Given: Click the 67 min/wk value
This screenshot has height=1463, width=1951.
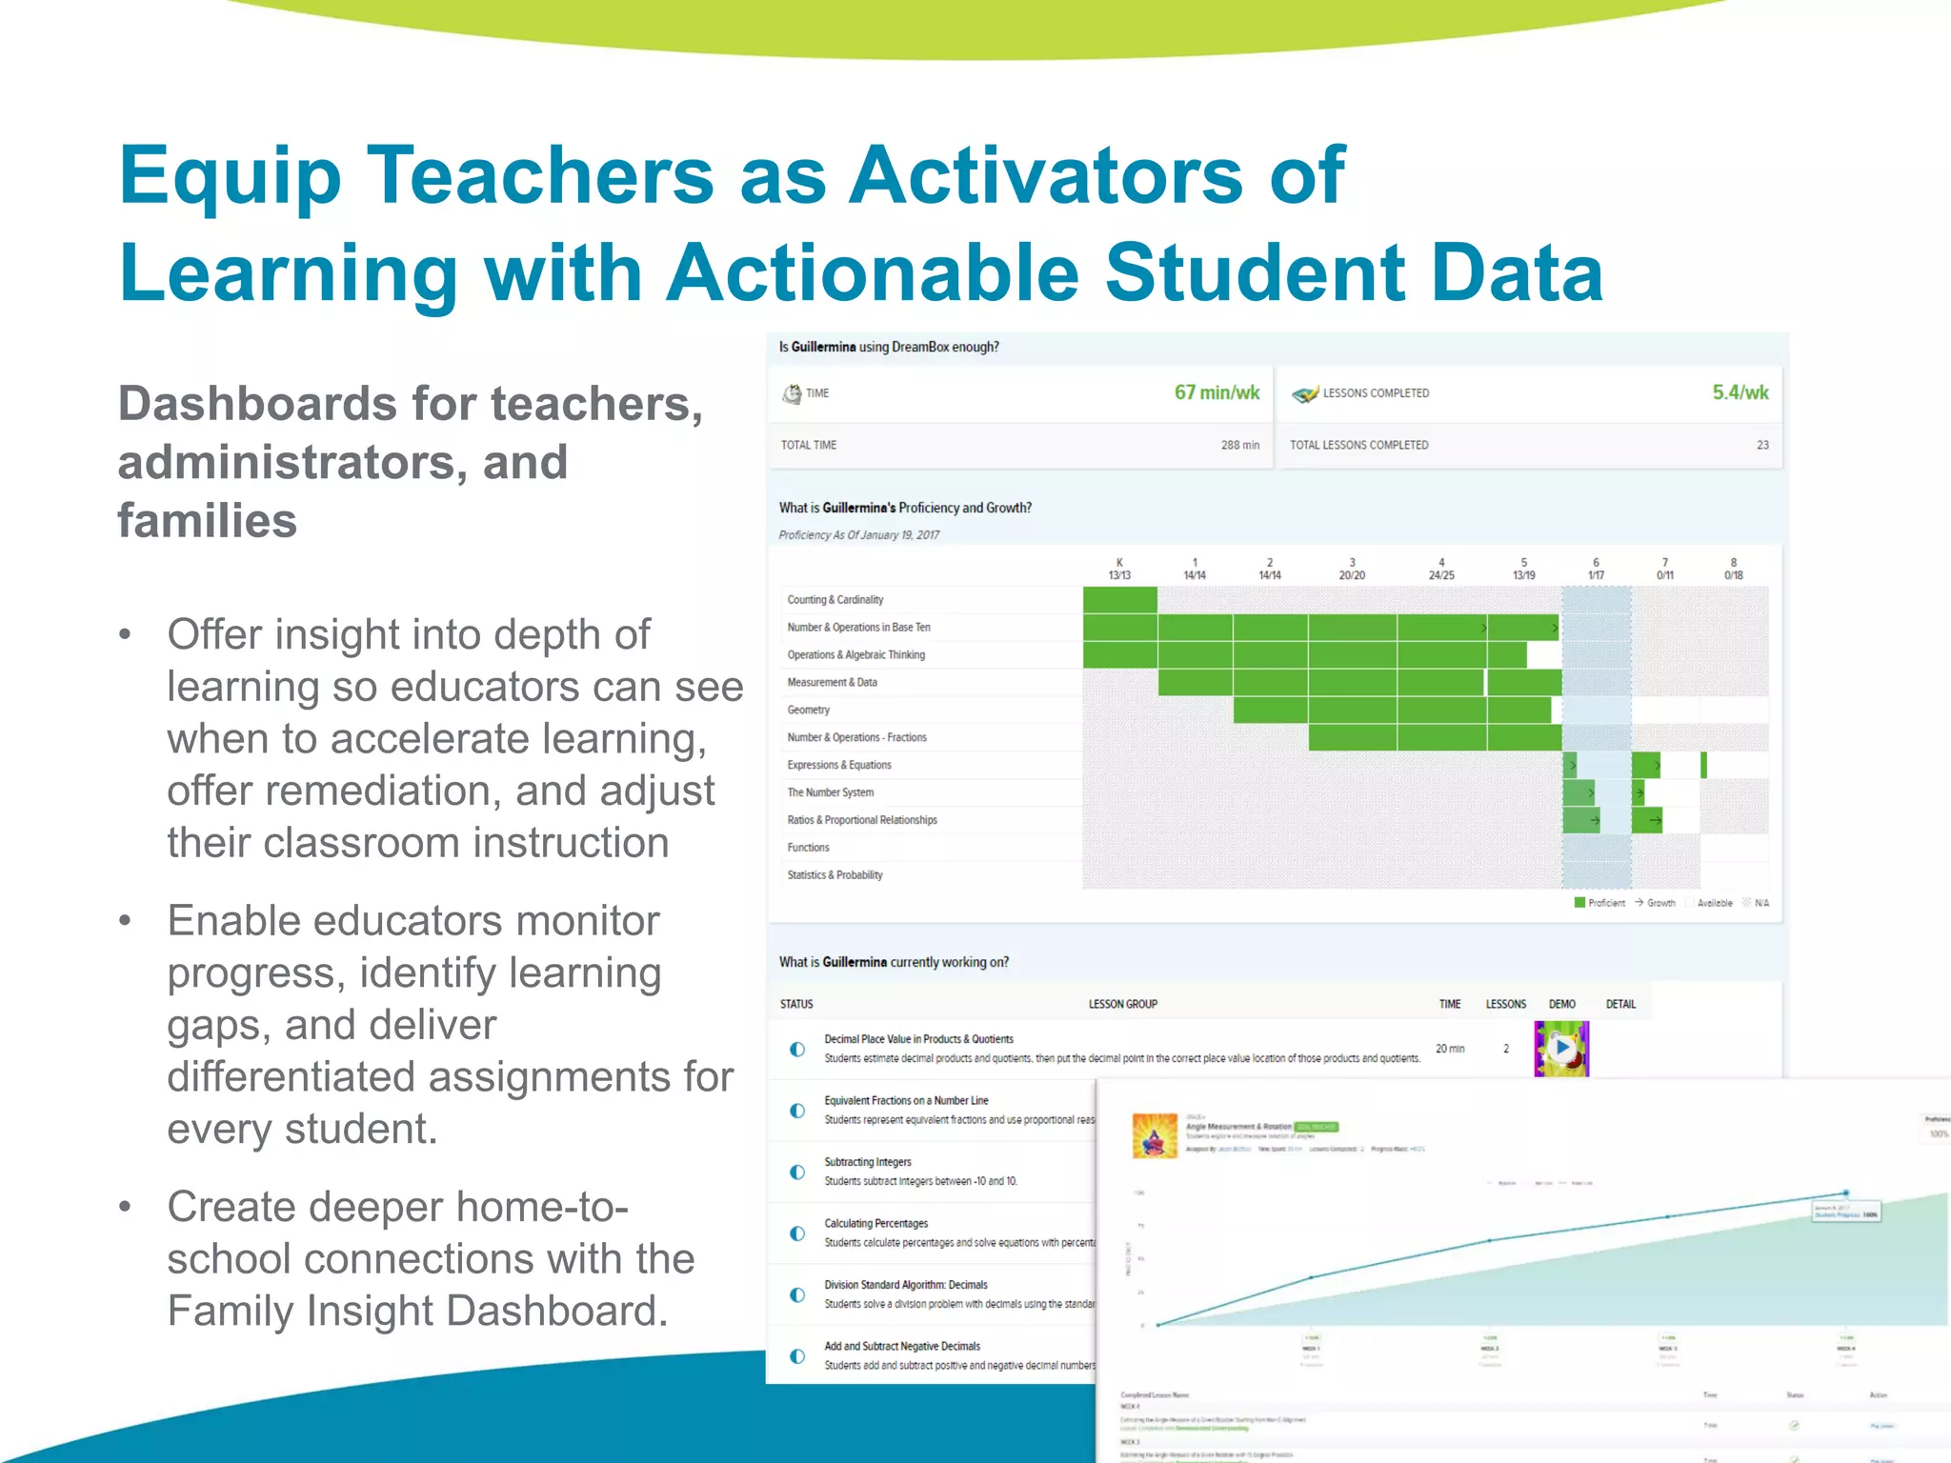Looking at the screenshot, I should pyautogui.click(x=1217, y=392).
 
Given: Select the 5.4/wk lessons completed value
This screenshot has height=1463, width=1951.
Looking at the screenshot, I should pyautogui.click(x=1740, y=392).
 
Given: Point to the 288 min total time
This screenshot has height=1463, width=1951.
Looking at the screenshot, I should pyautogui.click(x=1239, y=445).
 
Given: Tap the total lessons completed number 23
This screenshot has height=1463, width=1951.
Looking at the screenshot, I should pyautogui.click(x=1762, y=445).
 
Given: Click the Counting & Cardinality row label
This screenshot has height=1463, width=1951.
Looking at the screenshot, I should pyautogui.click(x=835, y=600).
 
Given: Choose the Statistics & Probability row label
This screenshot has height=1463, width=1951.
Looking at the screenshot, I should pyautogui.click(x=835, y=875).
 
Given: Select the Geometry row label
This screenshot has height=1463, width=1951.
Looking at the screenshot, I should pyautogui.click(x=808, y=711).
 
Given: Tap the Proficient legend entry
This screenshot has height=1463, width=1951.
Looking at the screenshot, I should pyautogui.click(x=1600, y=903).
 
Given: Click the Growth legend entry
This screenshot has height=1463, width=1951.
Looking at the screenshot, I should pyautogui.click(x=1656, y=903).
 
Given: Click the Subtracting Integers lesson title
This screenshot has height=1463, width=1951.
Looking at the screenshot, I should pyautogui.click(x=867, y=1162).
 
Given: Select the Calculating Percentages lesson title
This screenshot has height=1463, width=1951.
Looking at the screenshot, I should pyautogui.click(x=875, y=1224).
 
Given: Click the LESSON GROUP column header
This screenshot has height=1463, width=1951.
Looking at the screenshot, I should pyautogui.click(x=1122, y=1004).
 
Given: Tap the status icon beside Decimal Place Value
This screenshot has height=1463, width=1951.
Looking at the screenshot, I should pyautogui.click(x=797, y=1050).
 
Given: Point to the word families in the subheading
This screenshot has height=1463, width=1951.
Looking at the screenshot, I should pyautogui.click(x=207, y=521).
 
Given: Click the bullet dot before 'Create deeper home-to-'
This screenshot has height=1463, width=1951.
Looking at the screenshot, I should pyautogui.click(x=125, y=1208).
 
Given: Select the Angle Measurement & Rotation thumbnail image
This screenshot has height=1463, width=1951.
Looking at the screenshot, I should pyautogui.click(x=1154, y=1135).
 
